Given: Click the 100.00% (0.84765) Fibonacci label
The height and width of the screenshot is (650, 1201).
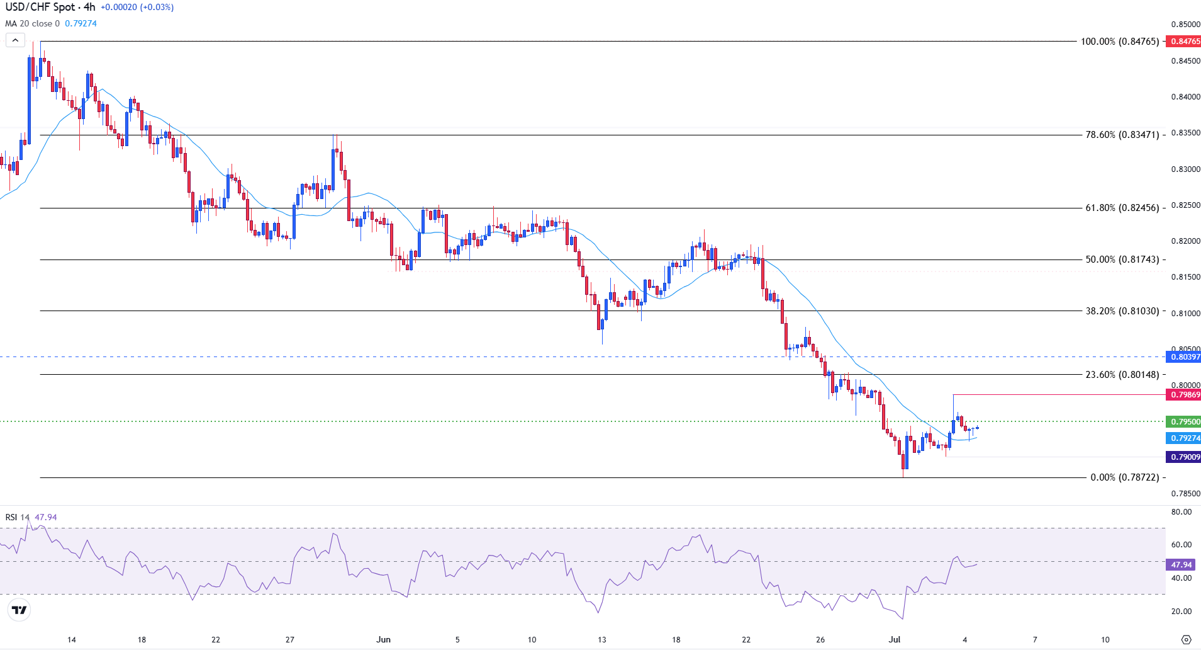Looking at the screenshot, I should coord(1119,42).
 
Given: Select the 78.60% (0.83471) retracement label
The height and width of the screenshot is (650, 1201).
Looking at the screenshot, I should coord(1122,135).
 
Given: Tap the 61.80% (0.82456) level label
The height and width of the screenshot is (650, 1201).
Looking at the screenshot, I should coord(1122,208).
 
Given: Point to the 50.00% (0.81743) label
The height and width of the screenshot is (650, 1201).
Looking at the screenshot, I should coord(1122,259).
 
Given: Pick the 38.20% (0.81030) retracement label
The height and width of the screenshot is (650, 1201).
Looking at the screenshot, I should coord(1122,311).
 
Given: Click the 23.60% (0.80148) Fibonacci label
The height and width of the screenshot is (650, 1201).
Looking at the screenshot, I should coord(1122,375).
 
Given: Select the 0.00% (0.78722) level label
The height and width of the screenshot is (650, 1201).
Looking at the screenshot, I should coord(1124,477).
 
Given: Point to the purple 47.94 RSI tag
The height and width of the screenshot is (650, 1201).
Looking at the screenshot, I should coord(1181,565).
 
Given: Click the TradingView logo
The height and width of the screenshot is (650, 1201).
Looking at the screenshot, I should coord(20,610).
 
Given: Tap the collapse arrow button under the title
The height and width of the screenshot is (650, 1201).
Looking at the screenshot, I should coord(15,40).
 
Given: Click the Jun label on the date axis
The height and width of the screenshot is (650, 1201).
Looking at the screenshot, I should coord(383,640).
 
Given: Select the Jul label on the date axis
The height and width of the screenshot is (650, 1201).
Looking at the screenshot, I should coord(895,640).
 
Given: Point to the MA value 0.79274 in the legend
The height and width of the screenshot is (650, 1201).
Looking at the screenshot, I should coord(81,24).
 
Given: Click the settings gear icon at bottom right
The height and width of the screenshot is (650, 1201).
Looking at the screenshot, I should coord(1186,640).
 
